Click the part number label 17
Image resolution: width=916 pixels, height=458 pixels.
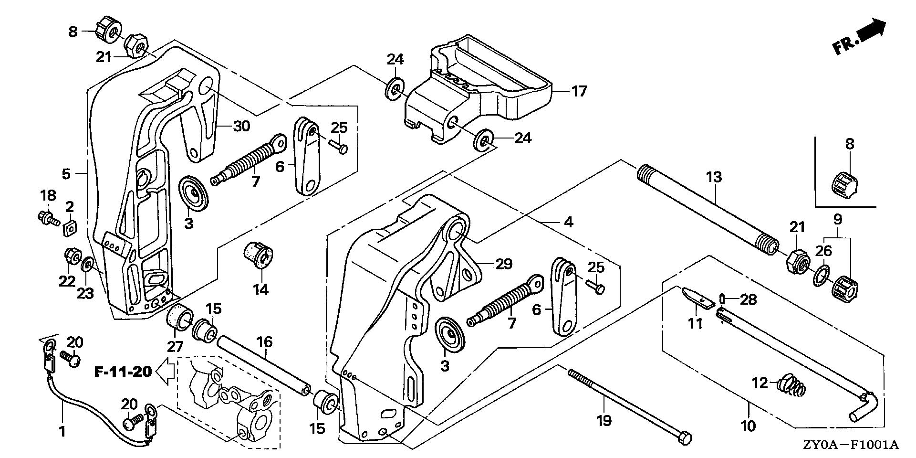point(579,91)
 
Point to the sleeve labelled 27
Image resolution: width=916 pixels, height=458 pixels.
point(180,317)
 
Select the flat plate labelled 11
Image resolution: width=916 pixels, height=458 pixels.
point(697,298)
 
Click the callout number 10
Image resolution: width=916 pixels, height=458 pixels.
point(748,426)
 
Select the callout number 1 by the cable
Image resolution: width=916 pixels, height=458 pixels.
point(62,432)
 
